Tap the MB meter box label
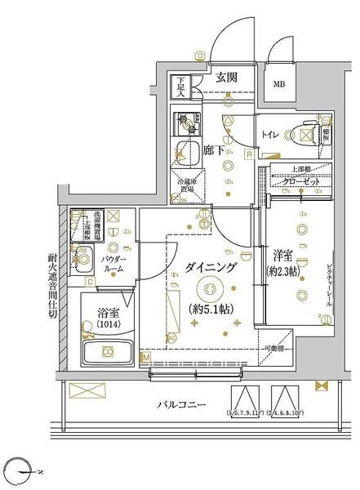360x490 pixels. click(x=278, y=84)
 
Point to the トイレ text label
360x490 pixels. click(x=270, y=131)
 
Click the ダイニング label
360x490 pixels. click(x=211, y=267)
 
